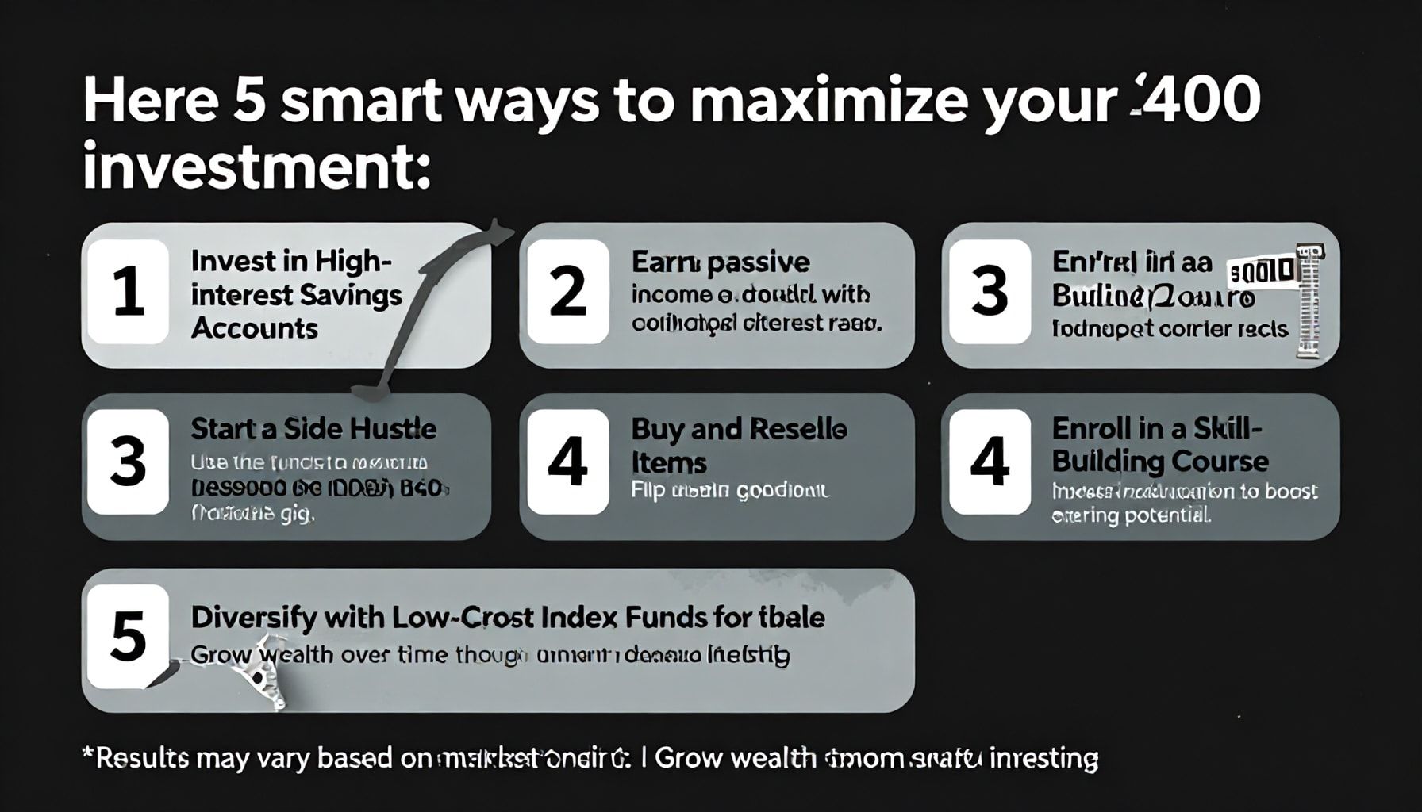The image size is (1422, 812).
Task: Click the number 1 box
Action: (128, 292)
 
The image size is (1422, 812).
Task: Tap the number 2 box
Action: (568, 292)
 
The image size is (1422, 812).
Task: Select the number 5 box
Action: (128, 637)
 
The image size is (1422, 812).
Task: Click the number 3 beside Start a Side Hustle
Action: (128, 462)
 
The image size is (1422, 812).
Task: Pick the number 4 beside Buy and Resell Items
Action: (568, 462)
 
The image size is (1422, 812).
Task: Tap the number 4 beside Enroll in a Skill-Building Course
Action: (990, 462)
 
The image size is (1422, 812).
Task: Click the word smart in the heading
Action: (361, 101)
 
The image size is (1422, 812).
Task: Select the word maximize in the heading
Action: (828, 101)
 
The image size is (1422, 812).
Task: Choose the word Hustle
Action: (394, 429)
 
